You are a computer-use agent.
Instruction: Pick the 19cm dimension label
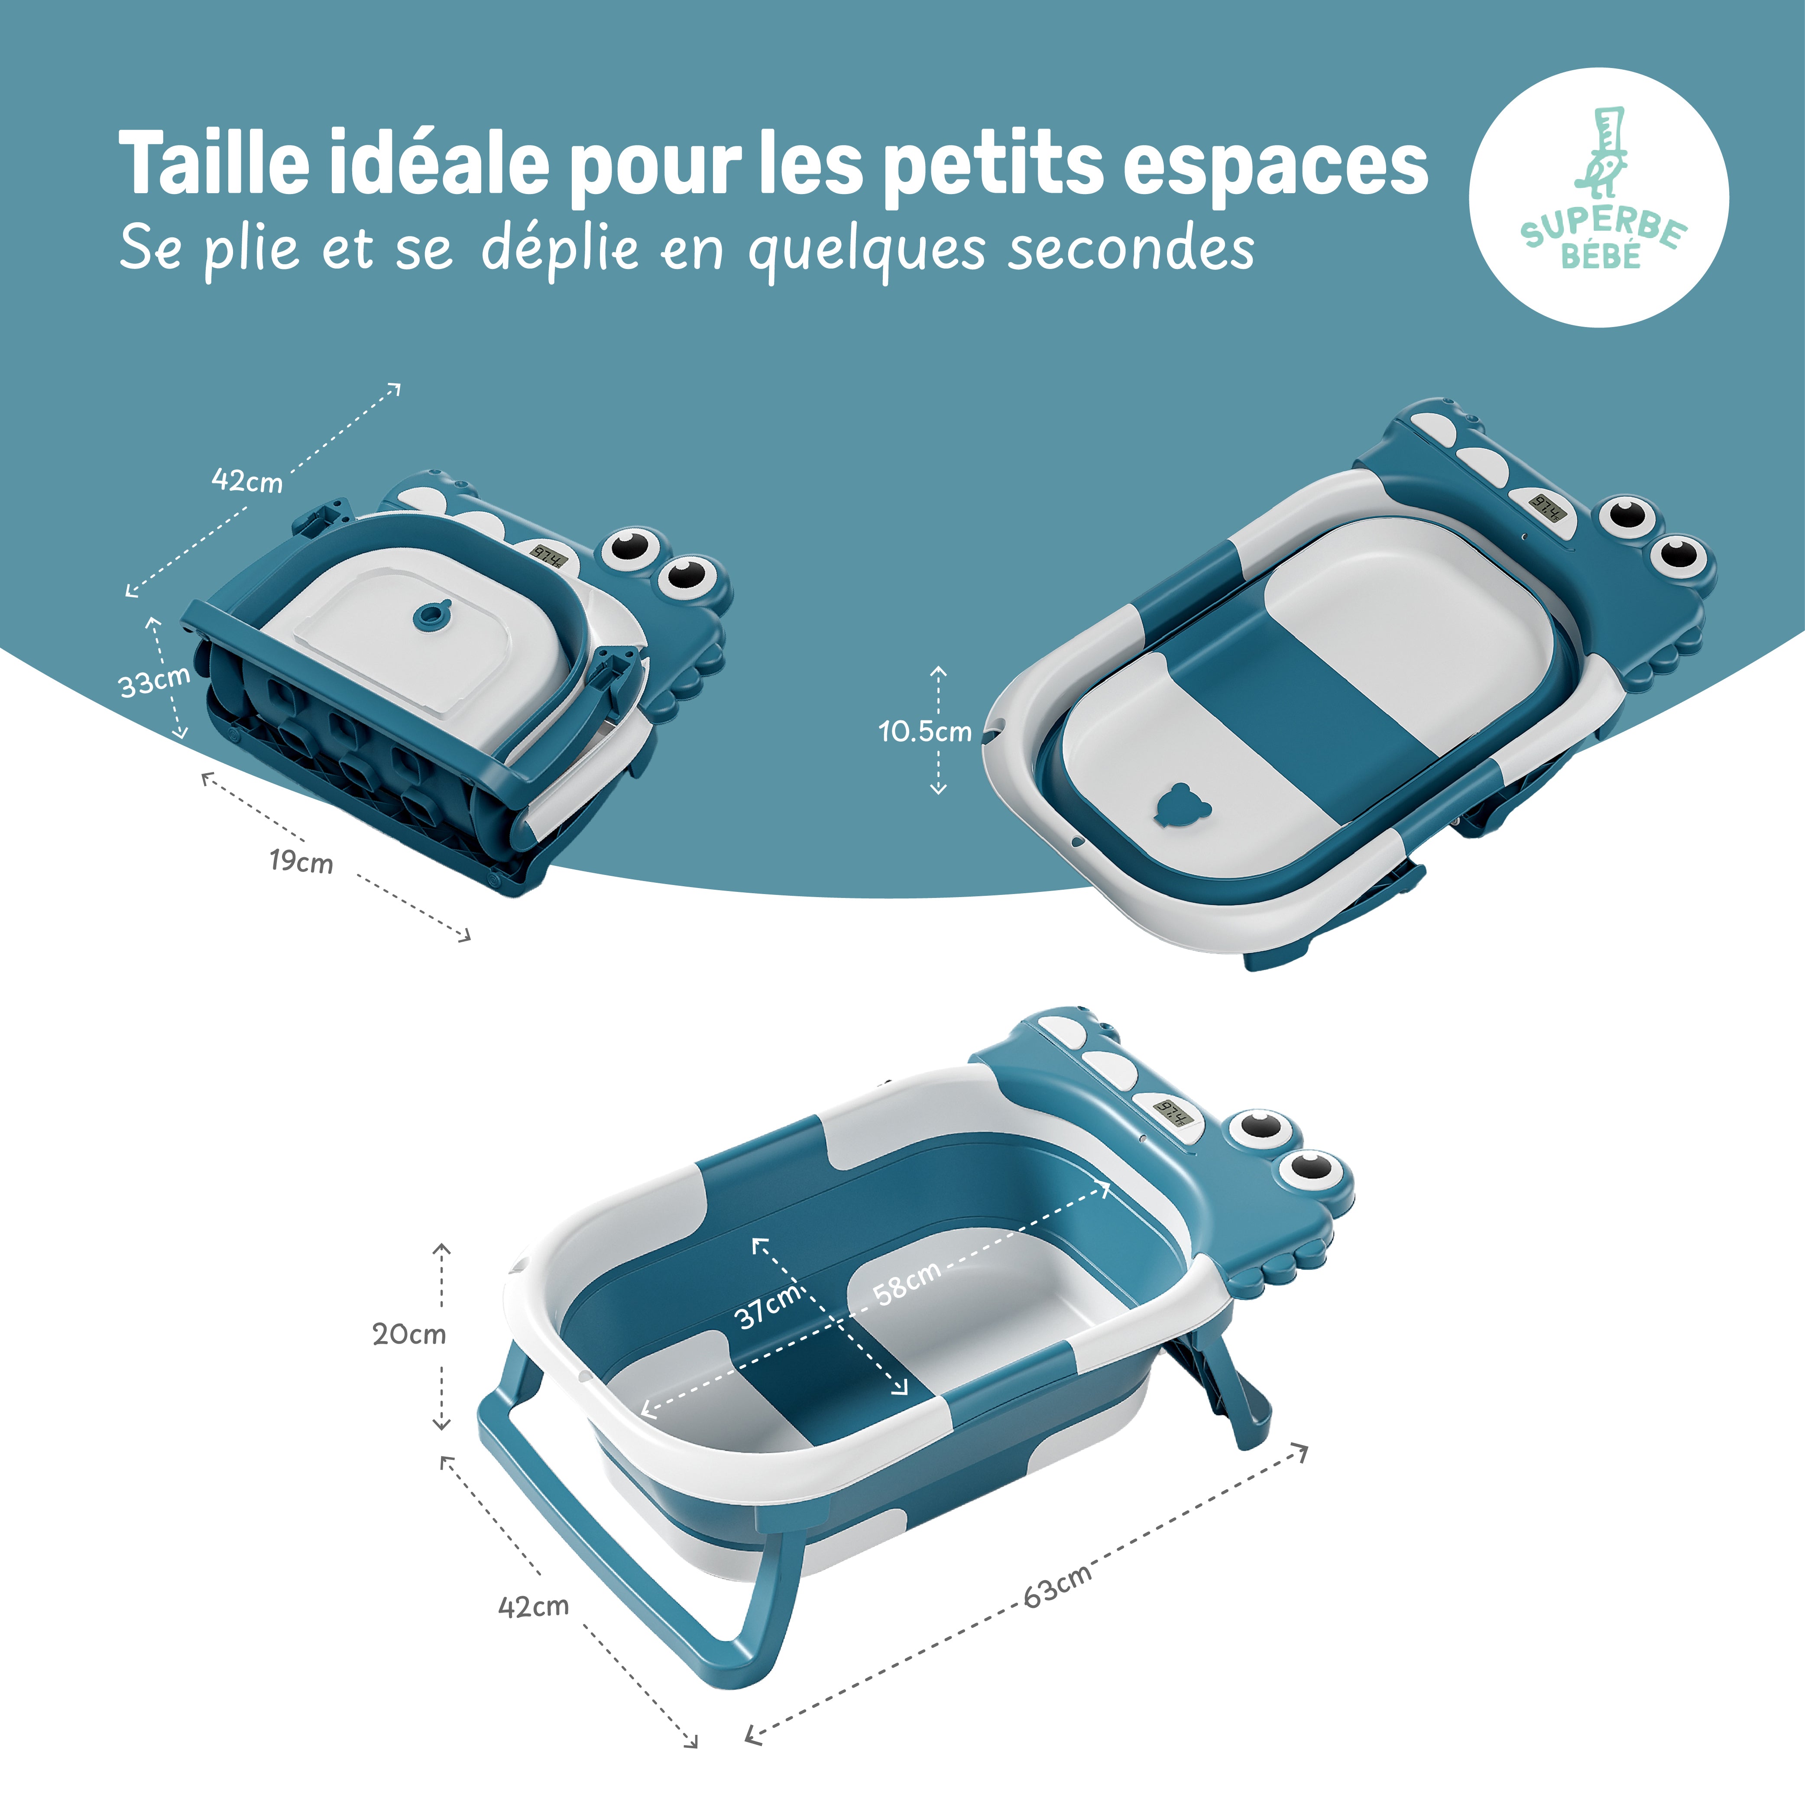301,862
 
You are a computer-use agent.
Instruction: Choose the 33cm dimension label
154,681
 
